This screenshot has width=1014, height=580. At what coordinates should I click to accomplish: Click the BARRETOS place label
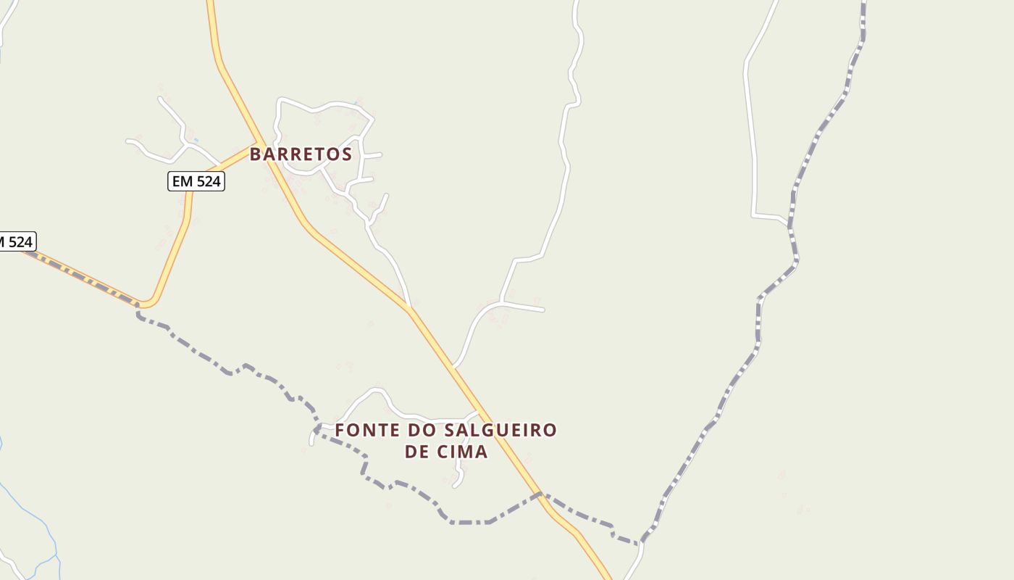301,154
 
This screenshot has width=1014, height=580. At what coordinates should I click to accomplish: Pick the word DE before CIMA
417,452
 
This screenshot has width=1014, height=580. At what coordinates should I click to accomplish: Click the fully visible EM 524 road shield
196,181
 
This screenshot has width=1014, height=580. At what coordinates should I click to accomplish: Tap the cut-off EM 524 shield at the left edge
16,241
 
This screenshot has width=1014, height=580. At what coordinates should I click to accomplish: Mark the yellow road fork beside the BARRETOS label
259,143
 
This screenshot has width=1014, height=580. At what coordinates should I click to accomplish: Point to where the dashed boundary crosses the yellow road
540,495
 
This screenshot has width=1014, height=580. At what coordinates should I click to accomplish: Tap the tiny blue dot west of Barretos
196,140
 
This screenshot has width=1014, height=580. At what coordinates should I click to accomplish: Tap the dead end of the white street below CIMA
455,486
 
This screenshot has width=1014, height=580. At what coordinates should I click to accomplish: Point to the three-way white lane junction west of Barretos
186,144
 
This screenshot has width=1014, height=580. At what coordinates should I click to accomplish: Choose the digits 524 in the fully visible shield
207,181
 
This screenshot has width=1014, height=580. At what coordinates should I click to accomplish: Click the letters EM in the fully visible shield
182,181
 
